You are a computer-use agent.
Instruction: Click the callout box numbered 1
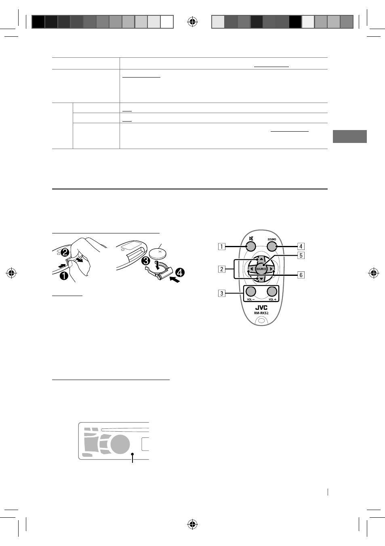[x=222, y=246]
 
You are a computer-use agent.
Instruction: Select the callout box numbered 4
[x=301, y=246]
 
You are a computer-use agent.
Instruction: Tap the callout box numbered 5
[x=301, y=256]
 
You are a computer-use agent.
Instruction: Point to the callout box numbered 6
[x=301, y=275]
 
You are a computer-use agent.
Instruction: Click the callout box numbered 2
[x=222, y=269]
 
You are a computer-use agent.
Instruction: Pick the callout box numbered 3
[x=222, y=293]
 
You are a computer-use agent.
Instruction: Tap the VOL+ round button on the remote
[x=272, y=291]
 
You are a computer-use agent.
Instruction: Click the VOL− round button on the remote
[x=250, y=291]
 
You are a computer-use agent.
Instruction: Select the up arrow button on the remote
[x=261, y=259]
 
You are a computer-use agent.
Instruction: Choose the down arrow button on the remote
[x=261, y=279]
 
